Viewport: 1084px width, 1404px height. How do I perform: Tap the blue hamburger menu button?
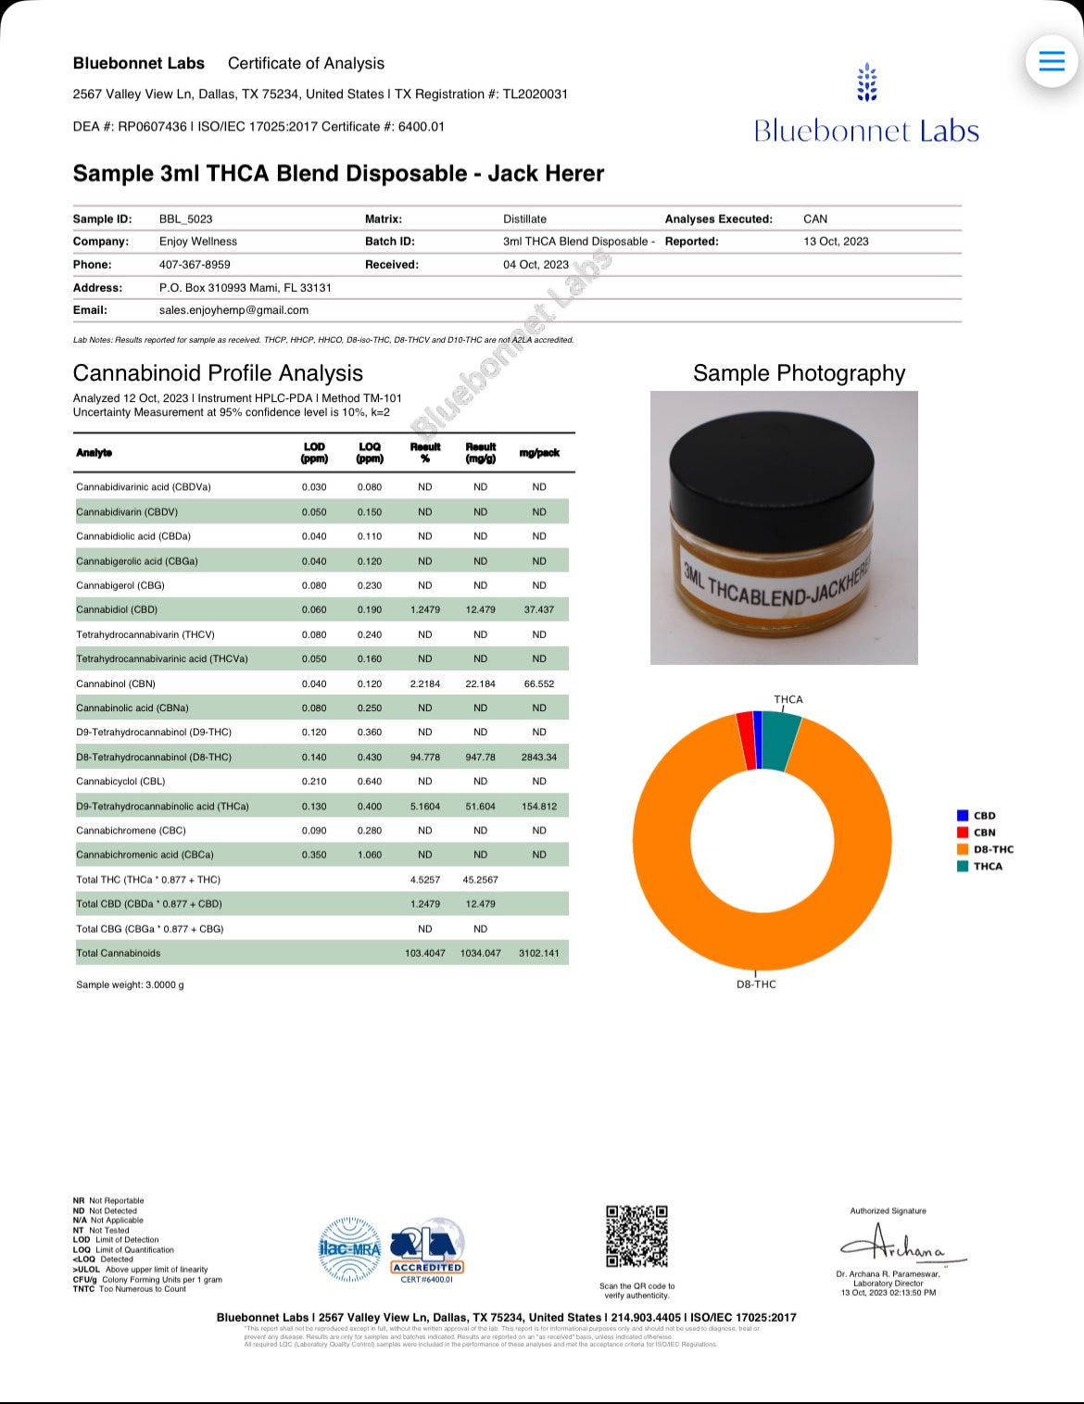point(1052,61)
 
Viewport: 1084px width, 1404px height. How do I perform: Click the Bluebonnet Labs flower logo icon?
point(866,82)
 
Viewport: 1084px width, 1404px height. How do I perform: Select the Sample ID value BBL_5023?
point(185,219)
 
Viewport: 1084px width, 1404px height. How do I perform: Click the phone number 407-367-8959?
point(195,265)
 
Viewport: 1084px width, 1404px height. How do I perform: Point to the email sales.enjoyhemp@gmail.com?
point(233,310)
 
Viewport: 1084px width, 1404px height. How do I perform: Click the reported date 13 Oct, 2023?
point(836,242)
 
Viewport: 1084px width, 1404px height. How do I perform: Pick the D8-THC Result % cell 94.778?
point(424,758)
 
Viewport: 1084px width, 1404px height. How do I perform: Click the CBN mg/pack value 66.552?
point(538,684)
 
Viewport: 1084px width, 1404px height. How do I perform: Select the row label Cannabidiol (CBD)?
point(117,610)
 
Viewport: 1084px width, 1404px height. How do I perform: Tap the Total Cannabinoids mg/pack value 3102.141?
point(538,953)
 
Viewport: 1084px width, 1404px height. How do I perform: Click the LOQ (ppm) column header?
point(370,453)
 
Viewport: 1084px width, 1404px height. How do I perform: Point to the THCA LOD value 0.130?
point(314,807)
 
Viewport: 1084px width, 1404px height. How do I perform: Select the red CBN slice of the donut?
point(746,741)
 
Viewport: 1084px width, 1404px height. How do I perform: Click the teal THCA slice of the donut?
point(779,739)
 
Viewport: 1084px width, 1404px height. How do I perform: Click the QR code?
point(637,1236)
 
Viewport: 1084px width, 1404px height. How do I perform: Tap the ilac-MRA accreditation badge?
point(349,1249)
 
